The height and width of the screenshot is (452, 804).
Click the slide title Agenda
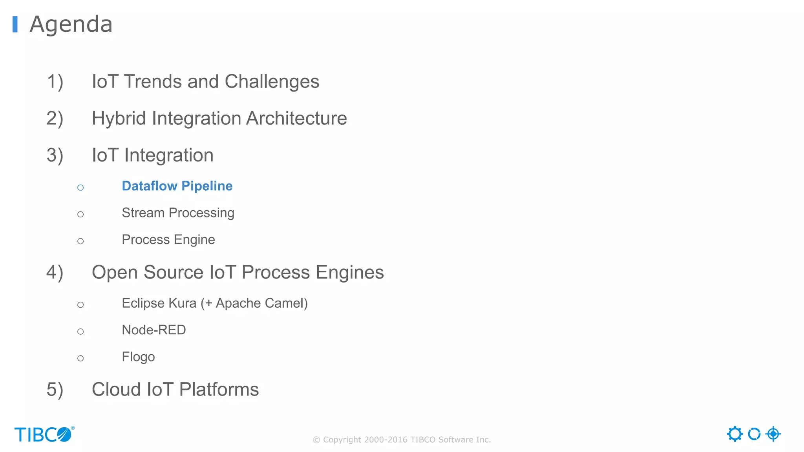71,24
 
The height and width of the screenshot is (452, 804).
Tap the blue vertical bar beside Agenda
15,24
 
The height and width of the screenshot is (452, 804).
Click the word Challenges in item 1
272,82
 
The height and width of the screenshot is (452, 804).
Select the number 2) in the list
55,118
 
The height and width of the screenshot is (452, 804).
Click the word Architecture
296,118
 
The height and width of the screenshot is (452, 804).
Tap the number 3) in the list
55,155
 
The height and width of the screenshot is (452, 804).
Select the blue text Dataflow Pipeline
177,186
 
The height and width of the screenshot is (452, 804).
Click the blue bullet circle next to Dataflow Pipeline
80,188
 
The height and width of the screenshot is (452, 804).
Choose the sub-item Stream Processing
178,213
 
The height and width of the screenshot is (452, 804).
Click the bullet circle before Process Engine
80,241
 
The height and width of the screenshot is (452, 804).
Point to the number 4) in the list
55,272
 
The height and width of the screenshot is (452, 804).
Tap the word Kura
182,303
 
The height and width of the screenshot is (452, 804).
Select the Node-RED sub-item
154,330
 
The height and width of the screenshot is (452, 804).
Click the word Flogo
138,357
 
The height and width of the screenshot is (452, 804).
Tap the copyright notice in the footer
402,440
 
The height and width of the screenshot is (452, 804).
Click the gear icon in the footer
735,434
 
